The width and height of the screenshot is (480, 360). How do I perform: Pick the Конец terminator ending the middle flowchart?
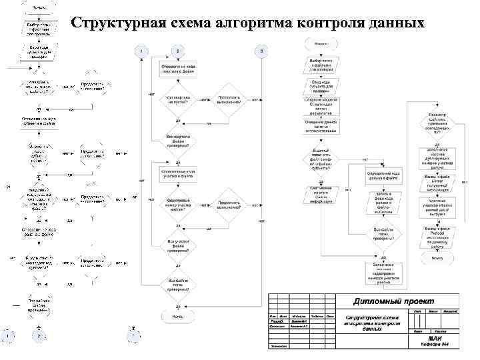177,316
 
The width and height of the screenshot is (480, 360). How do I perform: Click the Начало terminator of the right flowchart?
321,43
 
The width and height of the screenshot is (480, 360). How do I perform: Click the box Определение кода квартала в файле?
177,69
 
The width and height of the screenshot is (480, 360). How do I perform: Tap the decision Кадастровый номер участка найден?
177,204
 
